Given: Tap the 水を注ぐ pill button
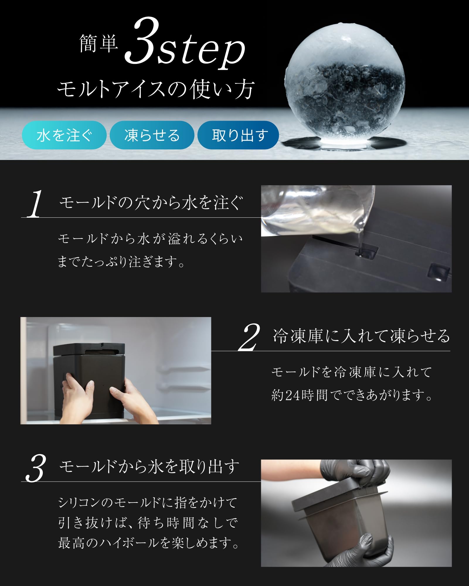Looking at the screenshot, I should coord(64,135).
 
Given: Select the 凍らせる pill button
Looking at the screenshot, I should coord(152,135).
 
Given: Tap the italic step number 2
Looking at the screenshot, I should coord(249,337).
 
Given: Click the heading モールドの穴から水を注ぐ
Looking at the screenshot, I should coord(151,202).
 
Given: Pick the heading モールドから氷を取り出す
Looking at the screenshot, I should coord(149,466).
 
